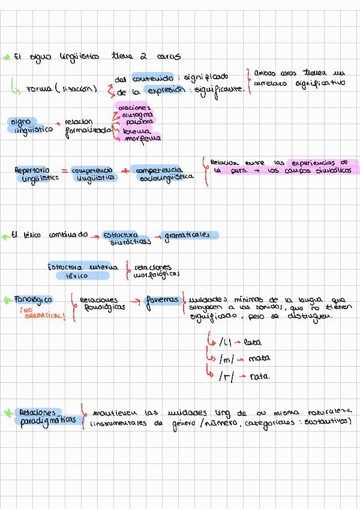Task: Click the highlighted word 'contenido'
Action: tap(153, 77)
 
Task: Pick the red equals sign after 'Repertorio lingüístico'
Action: tap(65, 171)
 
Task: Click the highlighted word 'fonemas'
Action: tap(163, 300)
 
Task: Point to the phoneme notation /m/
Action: tap(227, 360)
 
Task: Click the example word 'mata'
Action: tap(259, 360)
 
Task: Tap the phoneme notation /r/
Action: tap(227, 376)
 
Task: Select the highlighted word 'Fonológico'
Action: tap(35, 300)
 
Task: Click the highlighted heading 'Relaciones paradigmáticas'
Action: tap(48, 416)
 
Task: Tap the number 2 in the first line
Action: tap(143, 56)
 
